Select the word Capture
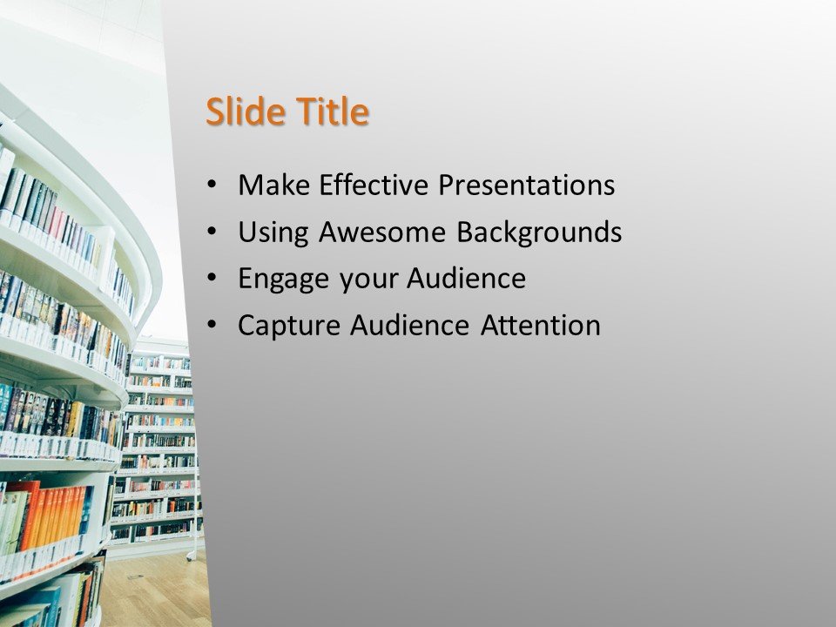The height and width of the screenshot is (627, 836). pos(289,326)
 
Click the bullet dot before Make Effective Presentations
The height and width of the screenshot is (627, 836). pos(213,185)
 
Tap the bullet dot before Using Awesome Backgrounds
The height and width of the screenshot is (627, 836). pos(213,233)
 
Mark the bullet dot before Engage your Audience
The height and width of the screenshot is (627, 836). pos(213,280)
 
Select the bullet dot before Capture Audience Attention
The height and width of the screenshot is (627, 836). pos(213,327)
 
